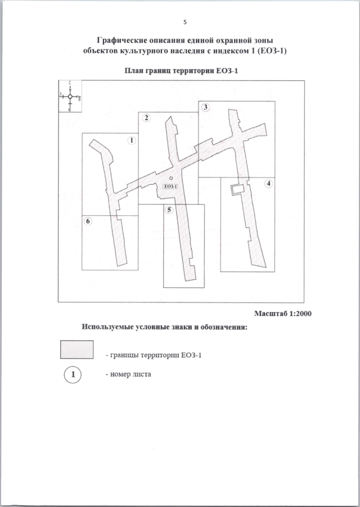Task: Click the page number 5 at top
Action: point(185,22)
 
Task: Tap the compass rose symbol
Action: point(70,97)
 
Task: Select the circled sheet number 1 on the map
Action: point(132,141)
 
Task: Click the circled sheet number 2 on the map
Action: point(146,117)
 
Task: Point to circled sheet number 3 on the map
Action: point(205,107)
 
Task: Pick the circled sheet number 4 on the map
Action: point(269,184)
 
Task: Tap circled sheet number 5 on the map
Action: point(169,210)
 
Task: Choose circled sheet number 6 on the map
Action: point(88,221)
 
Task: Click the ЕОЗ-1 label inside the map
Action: point(170,187)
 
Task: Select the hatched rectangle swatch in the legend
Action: point(76,350)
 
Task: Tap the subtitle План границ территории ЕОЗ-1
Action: point(180,72)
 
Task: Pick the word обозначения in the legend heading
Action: point(220,327)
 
